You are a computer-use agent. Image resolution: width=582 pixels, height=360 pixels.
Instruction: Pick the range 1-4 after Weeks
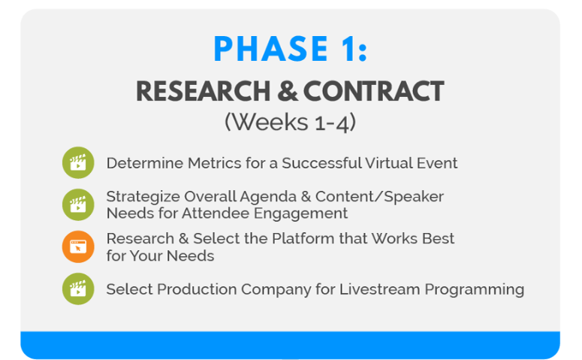click(333, 122)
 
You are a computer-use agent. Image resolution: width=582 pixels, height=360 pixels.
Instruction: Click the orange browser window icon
click(77, 247)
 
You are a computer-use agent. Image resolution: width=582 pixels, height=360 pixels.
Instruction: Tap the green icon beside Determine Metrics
click(77, 162)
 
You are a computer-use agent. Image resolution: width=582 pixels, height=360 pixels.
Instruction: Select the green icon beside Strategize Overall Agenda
click(77, 204)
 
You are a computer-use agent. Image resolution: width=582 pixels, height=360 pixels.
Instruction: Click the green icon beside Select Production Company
click(77, 289)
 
